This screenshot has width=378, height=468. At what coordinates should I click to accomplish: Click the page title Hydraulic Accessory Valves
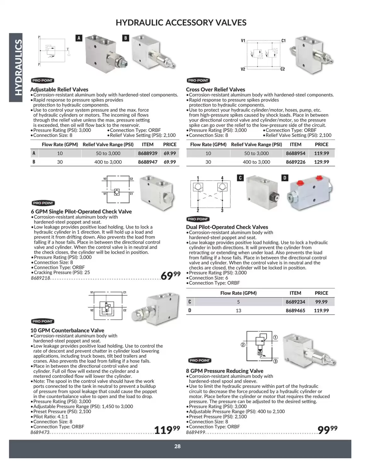181,23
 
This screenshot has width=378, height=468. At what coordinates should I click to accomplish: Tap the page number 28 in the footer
177,446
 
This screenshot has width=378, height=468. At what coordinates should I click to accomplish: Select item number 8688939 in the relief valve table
147,153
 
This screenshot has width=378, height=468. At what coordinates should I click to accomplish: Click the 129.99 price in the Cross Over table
321,162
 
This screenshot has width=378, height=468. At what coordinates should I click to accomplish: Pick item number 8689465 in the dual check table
295,311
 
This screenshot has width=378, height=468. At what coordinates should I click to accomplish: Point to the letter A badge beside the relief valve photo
79,38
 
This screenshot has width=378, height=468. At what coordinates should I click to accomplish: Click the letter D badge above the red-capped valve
285,178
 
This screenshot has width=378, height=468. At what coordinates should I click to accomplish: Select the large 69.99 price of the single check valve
170,276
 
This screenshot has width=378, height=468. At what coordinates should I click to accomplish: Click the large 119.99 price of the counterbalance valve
167,430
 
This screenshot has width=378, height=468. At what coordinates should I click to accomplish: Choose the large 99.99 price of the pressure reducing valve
327,430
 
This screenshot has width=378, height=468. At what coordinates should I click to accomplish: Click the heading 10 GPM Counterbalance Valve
67,330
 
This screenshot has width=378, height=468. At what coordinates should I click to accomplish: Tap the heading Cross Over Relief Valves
215,89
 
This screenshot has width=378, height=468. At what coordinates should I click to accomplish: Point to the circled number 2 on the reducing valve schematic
243,345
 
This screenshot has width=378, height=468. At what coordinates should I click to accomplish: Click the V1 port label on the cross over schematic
243,41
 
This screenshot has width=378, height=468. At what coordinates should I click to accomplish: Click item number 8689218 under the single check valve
40,278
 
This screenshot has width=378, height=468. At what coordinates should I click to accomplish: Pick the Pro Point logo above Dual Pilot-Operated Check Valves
198,219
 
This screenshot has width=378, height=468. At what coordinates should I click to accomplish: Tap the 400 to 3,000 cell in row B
108,162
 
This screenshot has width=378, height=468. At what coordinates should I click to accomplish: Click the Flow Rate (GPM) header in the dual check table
238,293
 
